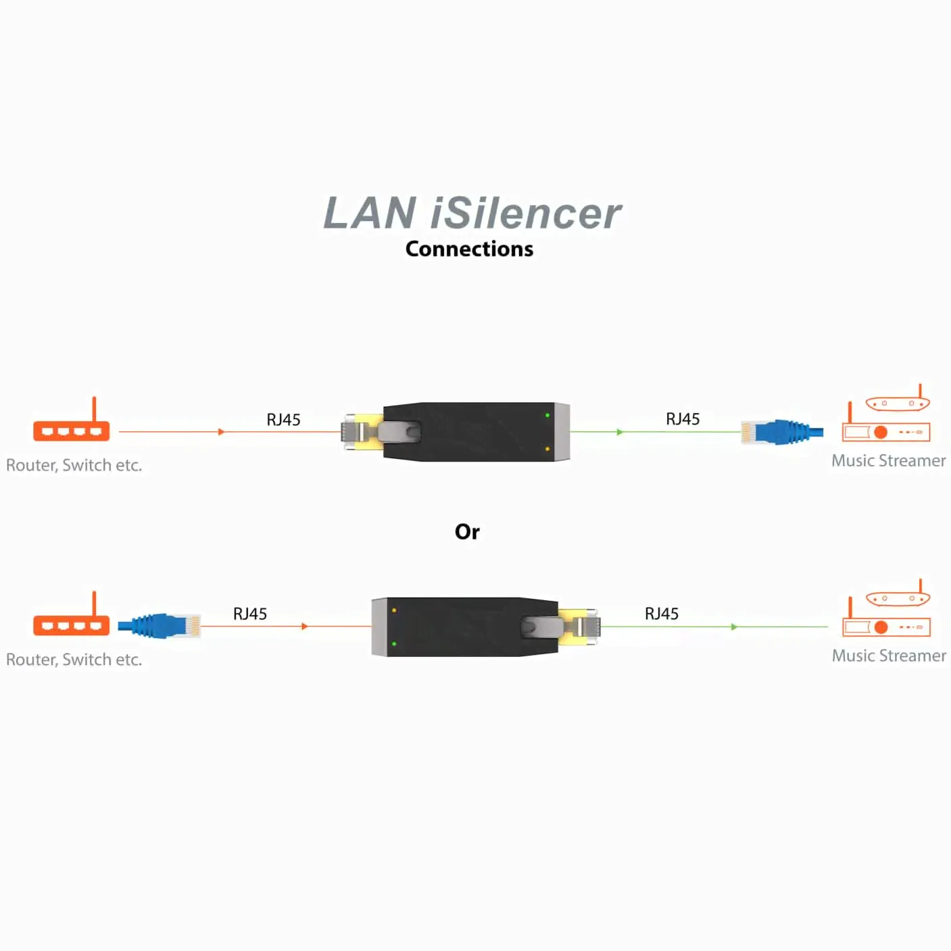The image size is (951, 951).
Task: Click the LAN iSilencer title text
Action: coord(472,214)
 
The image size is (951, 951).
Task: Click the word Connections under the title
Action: coord(469,249)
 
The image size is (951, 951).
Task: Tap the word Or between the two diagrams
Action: coord(467,532)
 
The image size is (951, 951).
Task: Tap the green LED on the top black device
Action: coord(547,415)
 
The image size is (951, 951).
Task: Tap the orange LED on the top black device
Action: coord(547,449)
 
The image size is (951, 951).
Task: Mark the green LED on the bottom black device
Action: coord(394,643)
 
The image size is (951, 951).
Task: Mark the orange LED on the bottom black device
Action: coord(394,610)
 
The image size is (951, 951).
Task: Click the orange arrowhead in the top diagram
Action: coord(221,432)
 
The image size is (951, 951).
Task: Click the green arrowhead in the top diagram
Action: coord(620,432)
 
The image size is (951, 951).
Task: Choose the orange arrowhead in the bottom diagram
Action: coord(305,627)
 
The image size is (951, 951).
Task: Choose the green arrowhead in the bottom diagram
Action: coord(734,627)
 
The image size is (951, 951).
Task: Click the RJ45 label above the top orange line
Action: coord(283,420)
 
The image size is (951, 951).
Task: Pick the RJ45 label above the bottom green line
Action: coord(661,614)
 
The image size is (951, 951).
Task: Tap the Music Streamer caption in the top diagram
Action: coord(888,461)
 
